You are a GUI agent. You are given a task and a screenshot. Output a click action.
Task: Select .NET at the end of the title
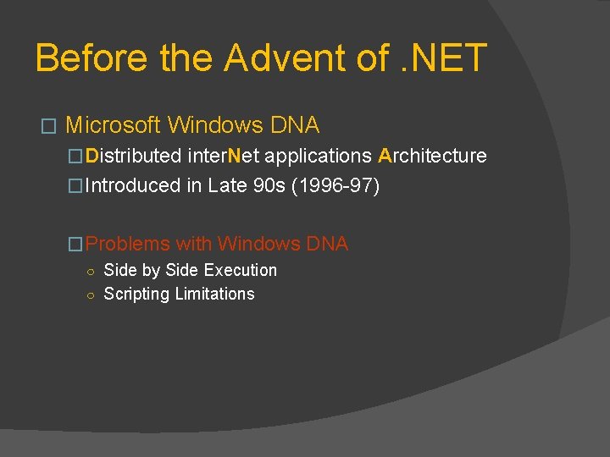[444, 58]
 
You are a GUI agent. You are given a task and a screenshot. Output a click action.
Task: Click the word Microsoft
[113, 125]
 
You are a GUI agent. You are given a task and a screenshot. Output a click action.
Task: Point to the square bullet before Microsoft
[48, 127]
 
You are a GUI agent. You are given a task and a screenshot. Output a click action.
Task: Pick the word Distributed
[134, 156]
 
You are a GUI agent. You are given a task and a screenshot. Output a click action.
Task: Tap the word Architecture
[432, 156]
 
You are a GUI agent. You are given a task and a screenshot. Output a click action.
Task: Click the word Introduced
[133, 185]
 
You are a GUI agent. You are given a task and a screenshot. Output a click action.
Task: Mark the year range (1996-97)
[335, 185]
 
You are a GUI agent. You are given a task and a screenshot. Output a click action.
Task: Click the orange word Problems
[128, 244]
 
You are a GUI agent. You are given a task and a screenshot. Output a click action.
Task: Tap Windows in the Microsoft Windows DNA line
[215, 125]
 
